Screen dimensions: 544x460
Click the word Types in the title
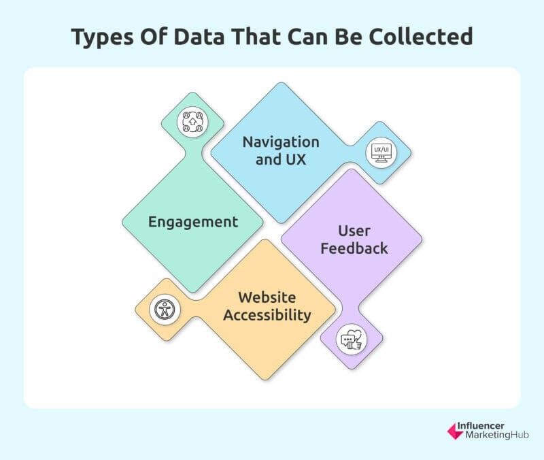point(103,37)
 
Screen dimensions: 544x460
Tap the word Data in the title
point(199,36)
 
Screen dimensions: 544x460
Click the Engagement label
point(193,223)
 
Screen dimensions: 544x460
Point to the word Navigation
point(281,142)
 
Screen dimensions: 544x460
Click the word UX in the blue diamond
point(296,160)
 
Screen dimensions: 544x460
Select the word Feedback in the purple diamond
point(354,248)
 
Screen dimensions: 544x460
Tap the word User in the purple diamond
point(354,231)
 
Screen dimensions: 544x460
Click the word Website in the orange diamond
point(267,297)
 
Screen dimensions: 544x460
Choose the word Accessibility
point(267,315)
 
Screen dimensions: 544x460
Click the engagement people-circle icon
point(192,122)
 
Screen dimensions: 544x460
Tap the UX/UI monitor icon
point(381,152)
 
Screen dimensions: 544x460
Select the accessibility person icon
point(165,310)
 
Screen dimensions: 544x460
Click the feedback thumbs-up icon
point(352,339)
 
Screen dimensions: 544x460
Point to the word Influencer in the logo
point(481,426)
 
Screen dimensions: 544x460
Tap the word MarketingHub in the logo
point(497,435)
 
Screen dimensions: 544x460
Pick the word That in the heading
point(256,36)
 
